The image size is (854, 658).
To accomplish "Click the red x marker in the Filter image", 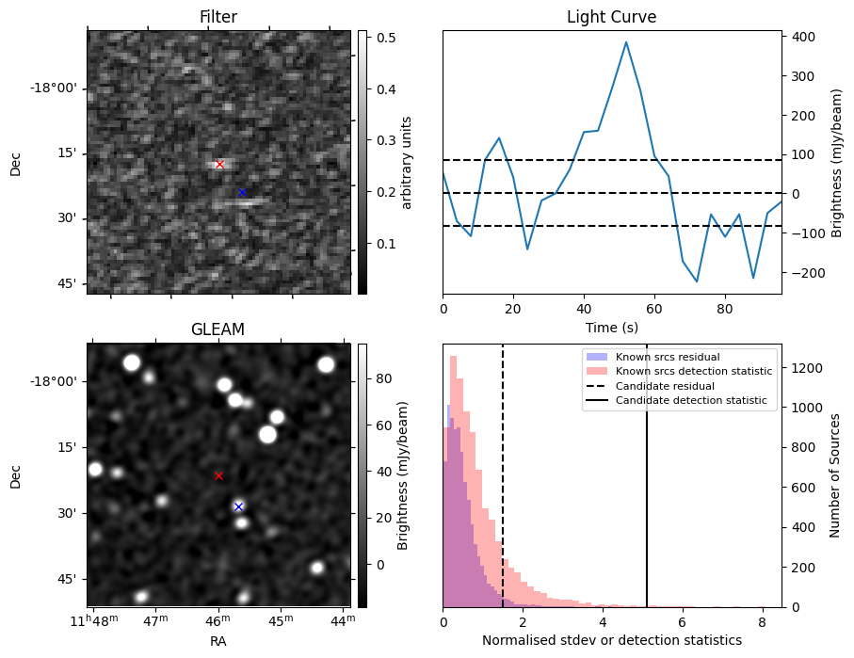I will pyautogui.click(x=219, y=164).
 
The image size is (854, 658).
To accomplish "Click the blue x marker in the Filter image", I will pyautogui.click(x=242, y=192).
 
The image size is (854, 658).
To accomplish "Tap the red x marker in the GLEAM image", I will pyautogui.click(x=218, y=475).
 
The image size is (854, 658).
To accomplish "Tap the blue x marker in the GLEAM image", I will pyautogui.click(x=238, y=506).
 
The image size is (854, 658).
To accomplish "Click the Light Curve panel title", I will pyautogui.click(x=611, y=17).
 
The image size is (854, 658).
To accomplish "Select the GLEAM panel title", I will pyautogui.click(x=218, y=329).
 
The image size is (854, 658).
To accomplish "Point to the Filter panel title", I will pyautogui.click(x=218, y=17).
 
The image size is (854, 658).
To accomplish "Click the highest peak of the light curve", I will pyautogui.click(x=626, y=41).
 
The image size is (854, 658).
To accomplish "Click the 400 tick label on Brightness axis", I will pyautogui.click(x=803, y=37).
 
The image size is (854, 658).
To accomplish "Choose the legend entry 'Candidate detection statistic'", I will pyautogui.click(x=691, y=401).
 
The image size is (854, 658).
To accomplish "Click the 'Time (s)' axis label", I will pyautogui.click(x=611, y=326).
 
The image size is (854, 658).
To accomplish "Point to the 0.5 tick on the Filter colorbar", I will pyautogui.click(x=384, y=39).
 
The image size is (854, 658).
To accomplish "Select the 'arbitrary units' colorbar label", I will pyautogui.click(x=407, y=162).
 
